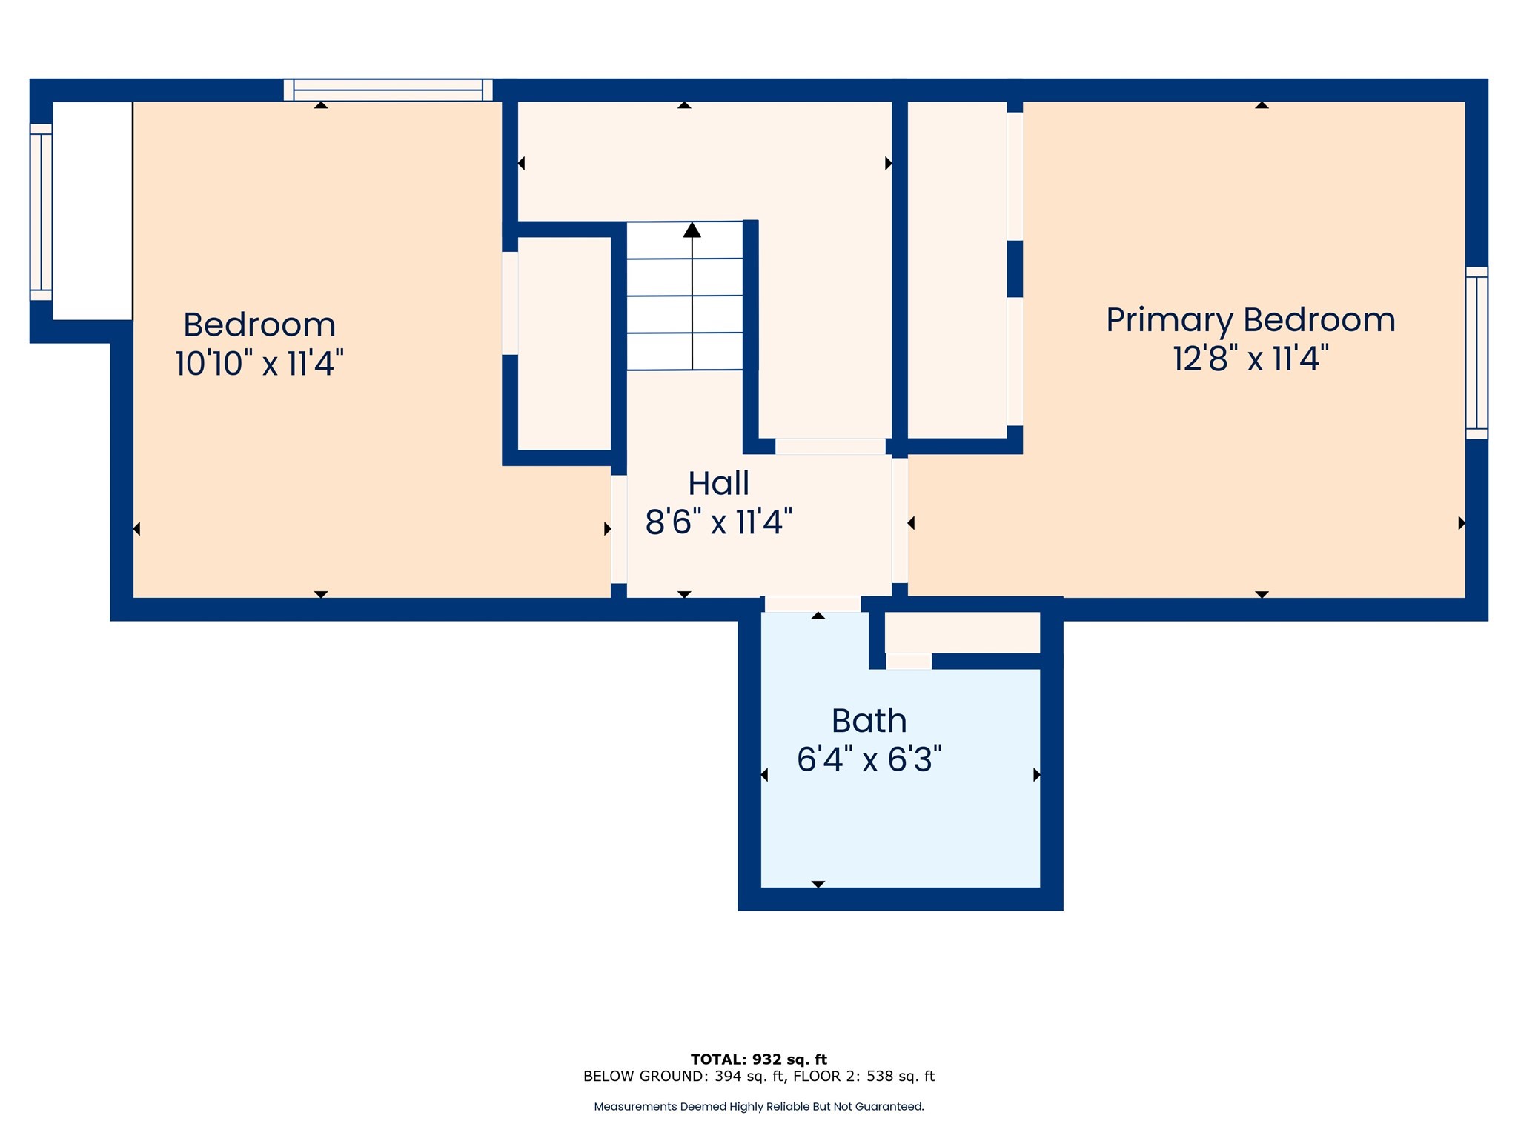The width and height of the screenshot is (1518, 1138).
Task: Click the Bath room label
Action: (x=869, y=721)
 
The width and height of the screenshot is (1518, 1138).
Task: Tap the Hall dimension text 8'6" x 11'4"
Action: (x=718, y=522)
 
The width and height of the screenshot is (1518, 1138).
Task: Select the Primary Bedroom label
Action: (x=1250, y=320)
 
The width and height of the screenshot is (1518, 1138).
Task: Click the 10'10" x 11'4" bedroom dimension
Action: (x=259, y=364)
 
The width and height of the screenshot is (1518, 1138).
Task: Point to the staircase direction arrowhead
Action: (x=692, y=230)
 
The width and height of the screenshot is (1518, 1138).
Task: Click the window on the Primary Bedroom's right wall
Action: (x=1476, y=353)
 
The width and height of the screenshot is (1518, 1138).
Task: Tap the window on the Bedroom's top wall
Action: (x=388, y=90)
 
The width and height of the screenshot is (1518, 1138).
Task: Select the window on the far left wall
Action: (x=41, y=212)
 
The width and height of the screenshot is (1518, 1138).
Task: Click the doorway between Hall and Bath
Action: (x=812, y=604)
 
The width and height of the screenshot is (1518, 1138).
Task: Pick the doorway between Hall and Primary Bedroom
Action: (x=899, y=520)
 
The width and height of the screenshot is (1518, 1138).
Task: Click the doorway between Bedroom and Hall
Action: (x=619, y=528)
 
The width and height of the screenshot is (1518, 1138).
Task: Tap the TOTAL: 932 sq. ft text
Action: (x=758, y=1059)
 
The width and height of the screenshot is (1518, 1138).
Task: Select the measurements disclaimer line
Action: (x=758, y=1107)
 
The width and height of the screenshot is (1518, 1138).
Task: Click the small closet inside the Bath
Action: (x=962, y=632)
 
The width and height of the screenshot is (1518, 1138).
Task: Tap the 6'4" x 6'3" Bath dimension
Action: (x=869, y=759)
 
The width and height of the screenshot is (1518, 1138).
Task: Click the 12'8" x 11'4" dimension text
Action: (x=1250, y=359)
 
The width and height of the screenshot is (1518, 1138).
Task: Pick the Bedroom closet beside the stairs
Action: (x=564, y=343)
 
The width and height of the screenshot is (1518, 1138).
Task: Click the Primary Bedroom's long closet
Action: (x=957, y=269)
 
